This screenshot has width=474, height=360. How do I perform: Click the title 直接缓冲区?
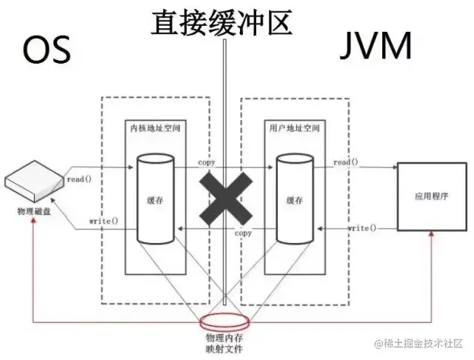coord(222,22)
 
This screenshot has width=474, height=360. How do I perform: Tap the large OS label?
coord(47,50)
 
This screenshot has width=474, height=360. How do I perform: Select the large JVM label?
coord(378,49)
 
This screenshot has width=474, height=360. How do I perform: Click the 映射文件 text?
coord(225,348)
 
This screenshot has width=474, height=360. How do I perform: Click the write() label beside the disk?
coord(102,221)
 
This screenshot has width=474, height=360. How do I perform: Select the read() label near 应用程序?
coord(346,162)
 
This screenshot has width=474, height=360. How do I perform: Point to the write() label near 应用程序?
coord(361,227)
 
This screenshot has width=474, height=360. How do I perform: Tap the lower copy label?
coord(243,233)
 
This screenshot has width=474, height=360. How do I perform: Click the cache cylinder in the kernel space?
coord(155,199)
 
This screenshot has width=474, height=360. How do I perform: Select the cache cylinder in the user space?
coord(295,199)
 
